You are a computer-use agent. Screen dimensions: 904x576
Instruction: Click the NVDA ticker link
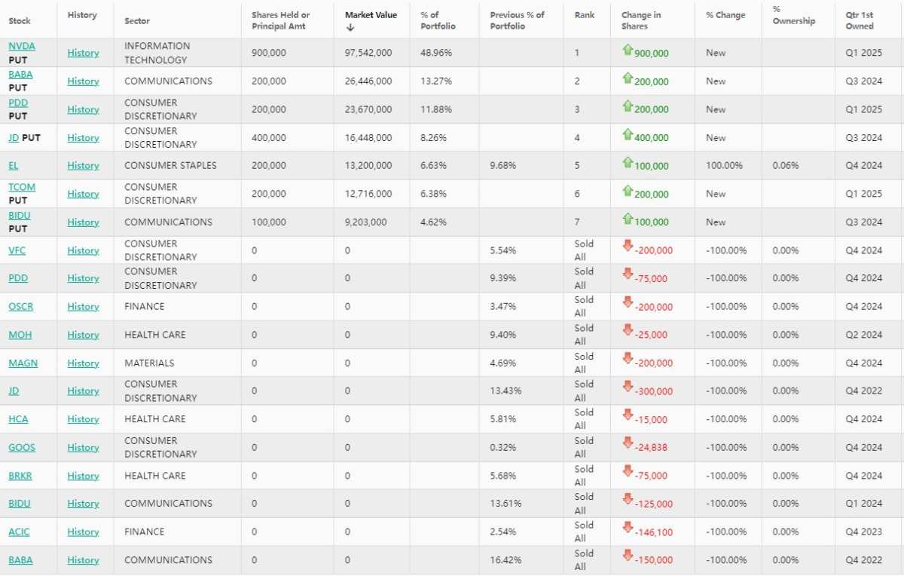pos(22,46)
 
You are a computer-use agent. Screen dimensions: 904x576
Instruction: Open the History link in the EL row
pos(83,166)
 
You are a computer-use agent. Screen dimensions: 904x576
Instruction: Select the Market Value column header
pos(371,15)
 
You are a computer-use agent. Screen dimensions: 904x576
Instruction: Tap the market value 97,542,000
pos(368,53)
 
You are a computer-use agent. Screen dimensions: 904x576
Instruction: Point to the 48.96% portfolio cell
pos(436,53)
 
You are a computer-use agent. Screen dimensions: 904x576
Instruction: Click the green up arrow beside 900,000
pos(628,50)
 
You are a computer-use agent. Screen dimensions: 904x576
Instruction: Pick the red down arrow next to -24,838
pos(628,443)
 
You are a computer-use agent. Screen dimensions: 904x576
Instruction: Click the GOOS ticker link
pos(22,448)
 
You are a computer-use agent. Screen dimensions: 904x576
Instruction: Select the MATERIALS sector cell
pos(149,363)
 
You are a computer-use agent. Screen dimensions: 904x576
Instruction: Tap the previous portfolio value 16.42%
pos(505,560)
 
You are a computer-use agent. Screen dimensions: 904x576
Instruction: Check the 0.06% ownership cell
pos(786,166)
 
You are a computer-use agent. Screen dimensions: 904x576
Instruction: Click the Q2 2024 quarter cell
pos(863,335)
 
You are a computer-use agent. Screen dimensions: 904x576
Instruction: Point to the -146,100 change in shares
pos(654,532)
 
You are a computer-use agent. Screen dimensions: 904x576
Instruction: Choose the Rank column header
pos(585,15)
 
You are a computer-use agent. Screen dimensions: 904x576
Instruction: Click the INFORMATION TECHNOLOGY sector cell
pos(157,53)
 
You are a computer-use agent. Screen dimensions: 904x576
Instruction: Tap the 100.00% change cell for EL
pos(724,166)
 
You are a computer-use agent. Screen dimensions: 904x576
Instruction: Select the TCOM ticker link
pos(22,187)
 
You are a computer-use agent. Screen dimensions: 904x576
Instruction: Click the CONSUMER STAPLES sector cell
pos(170,166)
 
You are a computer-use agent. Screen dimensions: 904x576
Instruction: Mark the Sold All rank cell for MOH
pos(584,335)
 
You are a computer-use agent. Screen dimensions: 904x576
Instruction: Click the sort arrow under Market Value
pos(350,27)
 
